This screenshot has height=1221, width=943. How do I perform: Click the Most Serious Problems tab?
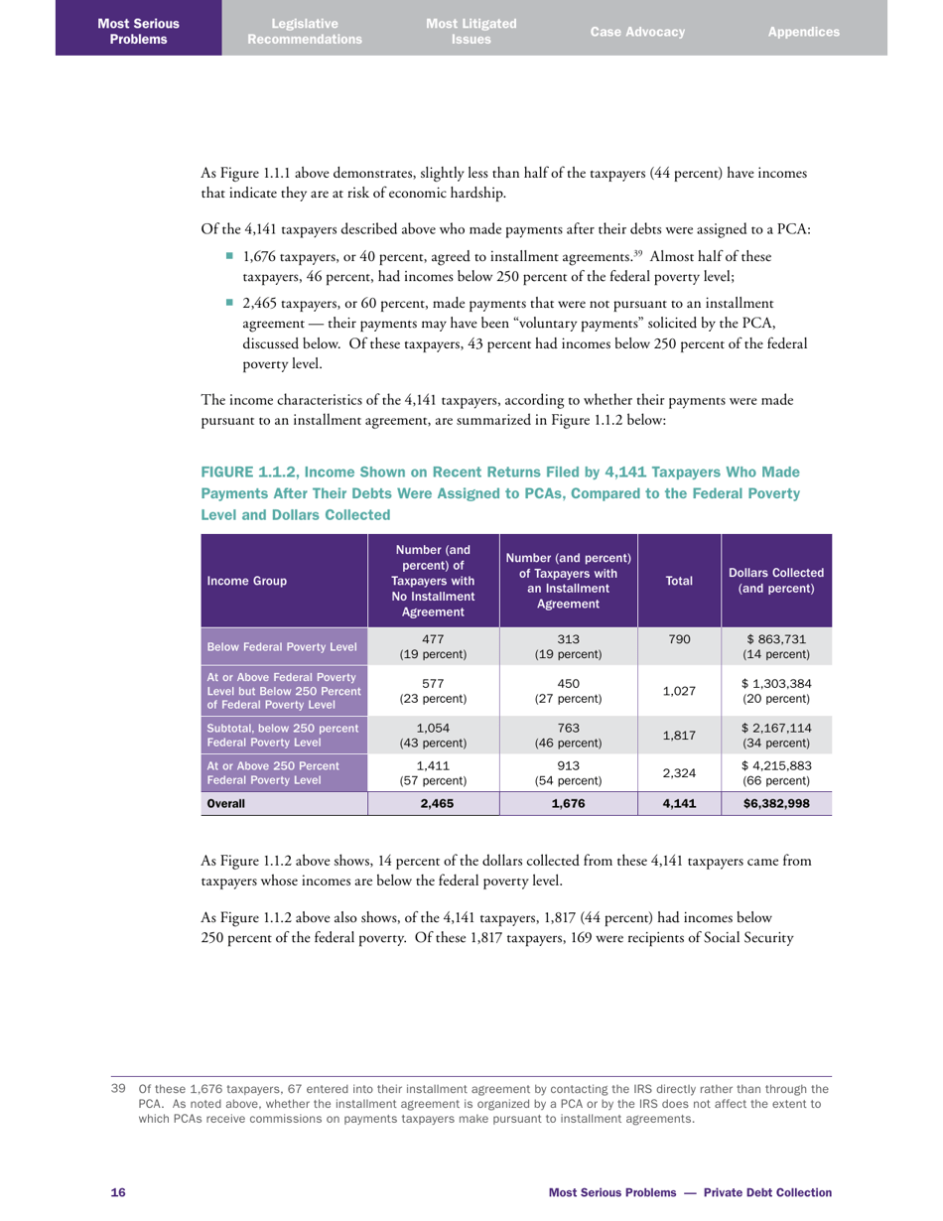tap(138, 31)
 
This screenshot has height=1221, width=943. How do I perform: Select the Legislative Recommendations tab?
tap(305, 31)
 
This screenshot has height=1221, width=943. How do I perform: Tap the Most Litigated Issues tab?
tap(471, 31)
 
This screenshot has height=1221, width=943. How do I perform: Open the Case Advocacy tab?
tap(637, 32)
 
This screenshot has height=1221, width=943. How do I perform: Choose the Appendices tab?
tap(803, 32)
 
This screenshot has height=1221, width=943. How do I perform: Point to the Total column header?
tap(679, 582)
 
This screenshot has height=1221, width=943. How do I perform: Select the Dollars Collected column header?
tap(775, 582)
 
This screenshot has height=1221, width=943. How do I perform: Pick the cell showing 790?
tap(679, 640)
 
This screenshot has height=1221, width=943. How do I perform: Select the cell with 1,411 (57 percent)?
tap(433, 773)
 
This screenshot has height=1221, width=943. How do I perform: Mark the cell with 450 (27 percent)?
tap(569, 690)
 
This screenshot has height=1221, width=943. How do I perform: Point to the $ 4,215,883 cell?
tap(775, 773)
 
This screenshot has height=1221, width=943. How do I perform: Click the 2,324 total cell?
tap(679, 773)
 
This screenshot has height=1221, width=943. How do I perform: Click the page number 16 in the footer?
tap(116, 1191)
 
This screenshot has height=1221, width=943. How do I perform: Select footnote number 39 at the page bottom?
tap(117, 1089)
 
